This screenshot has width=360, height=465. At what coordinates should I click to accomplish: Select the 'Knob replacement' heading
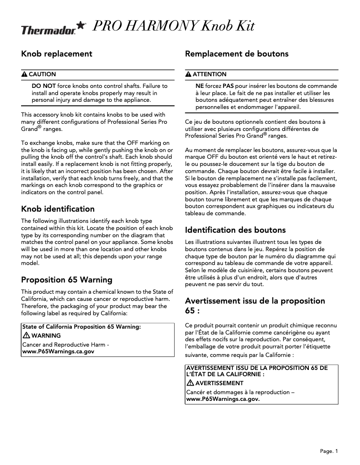coord(57,54)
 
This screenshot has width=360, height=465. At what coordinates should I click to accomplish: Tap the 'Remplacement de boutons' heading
coord(237,54)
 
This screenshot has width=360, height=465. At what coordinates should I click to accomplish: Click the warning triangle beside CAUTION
coord(25,74)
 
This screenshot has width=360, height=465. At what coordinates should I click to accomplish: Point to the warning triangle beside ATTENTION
coord(189,74)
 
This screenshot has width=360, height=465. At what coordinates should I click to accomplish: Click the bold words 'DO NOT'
coord(44,85)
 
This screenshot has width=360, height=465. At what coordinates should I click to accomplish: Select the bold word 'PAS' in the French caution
coord(228,85)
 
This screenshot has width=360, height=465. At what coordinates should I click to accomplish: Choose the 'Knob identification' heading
coord(58,209)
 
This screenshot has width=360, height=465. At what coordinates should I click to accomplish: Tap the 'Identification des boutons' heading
coord(235,230)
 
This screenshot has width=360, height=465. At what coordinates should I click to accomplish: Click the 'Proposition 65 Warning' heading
coord(67,280)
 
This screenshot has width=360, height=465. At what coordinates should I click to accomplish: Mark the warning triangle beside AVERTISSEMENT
coord(190,383)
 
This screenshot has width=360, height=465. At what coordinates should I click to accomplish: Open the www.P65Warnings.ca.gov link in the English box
coord(58,352)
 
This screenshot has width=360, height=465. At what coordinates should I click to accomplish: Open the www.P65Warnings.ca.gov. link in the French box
coord(223,399)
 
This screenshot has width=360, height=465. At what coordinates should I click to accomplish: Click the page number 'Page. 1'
coord(329,451)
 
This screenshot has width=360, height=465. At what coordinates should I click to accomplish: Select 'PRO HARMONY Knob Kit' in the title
coord(173,26)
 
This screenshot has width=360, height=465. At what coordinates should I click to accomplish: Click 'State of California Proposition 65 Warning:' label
coord(82,327)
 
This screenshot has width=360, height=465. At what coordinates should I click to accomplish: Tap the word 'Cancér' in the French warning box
coord(196,392)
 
